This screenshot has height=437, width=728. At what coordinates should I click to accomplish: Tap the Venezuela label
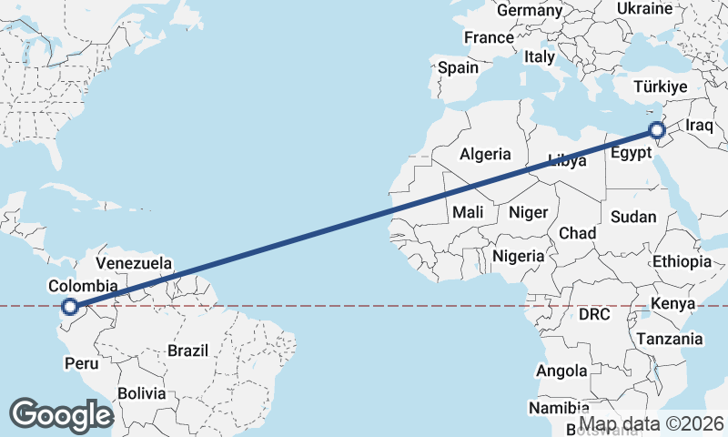(x=133, y=263)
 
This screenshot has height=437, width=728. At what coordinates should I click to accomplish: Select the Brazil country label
(x=188, y=350)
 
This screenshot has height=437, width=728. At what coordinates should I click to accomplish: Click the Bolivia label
(x=141, y=393)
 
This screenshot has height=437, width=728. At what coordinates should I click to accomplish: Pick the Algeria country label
(x=485, y=154)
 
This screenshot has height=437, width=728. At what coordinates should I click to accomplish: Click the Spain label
(x=458, y=67)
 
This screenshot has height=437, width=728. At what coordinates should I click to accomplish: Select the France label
(x=489, y=37)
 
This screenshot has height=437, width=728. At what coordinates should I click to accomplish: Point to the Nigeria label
(x=518, y=256)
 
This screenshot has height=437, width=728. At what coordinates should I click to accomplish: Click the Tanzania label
(x=670, y=339)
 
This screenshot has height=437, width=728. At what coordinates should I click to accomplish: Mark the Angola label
(x=561, y=371)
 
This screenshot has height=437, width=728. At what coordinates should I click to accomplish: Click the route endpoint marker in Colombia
(x=69, y=308)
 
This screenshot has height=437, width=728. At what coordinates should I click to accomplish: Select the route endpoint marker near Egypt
(x=656, y=130)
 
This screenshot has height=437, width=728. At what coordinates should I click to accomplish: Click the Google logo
(x=61, y=414)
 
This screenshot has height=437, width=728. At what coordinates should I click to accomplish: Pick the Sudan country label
(x=632, y=217)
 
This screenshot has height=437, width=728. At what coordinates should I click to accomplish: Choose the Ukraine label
(x=644, y=8)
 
